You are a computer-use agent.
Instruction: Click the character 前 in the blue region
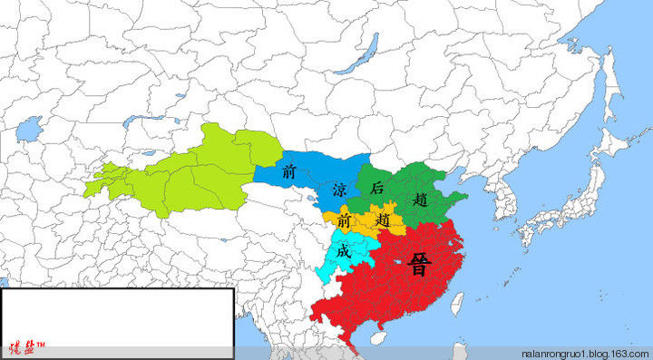289,170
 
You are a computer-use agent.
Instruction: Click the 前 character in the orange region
343,220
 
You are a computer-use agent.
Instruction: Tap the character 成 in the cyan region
343,251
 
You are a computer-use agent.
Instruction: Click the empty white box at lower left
117,313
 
